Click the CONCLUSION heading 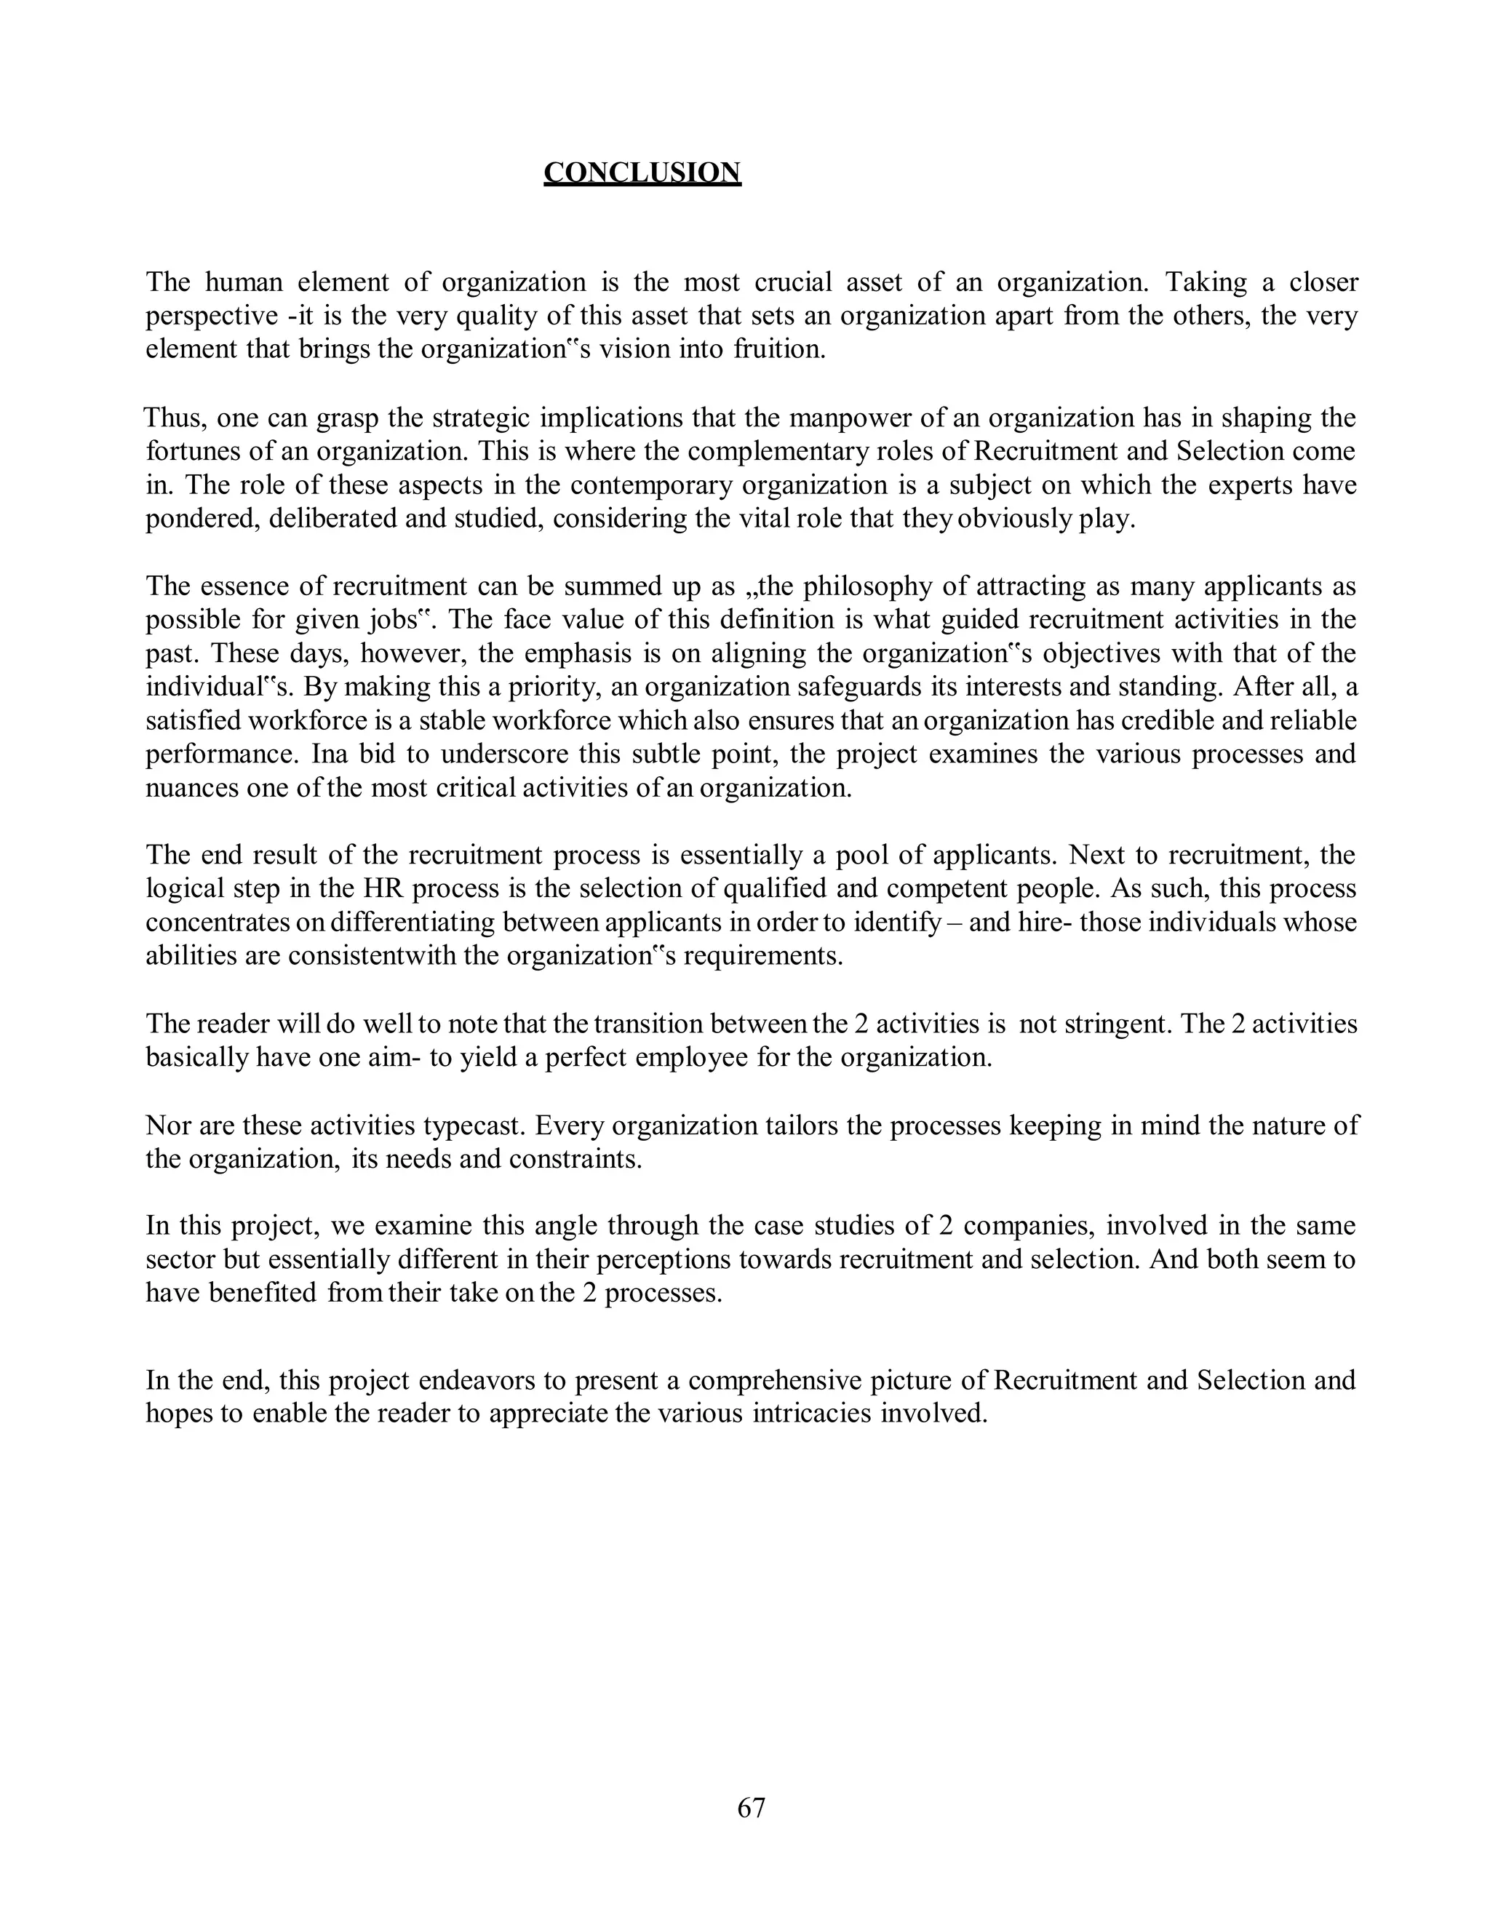[x=642, y=172]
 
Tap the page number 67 [x=751, y=1807]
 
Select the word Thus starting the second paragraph [x=174, y=418]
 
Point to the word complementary [x=777, y=451]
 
